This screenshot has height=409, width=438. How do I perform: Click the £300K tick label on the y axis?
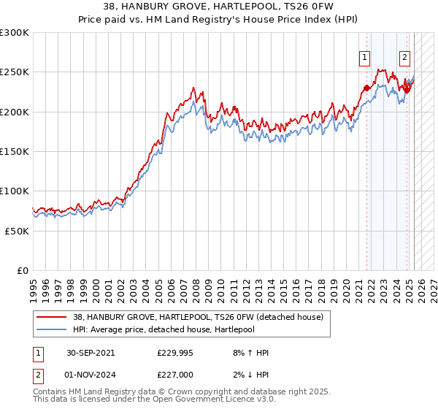(x=15, y=33)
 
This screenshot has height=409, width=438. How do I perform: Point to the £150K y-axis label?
(x=15, y=151)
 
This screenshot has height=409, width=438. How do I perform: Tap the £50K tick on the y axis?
(x=18, y=230)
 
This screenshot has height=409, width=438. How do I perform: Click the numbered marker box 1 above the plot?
(x=364, y=58)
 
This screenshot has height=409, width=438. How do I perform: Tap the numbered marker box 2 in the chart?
(x=404, y=58)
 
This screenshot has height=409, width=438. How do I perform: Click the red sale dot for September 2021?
(x=366, y=88)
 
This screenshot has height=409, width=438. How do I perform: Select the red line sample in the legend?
(x=52, y=317)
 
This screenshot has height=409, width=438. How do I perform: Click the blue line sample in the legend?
(x=52, y=329)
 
